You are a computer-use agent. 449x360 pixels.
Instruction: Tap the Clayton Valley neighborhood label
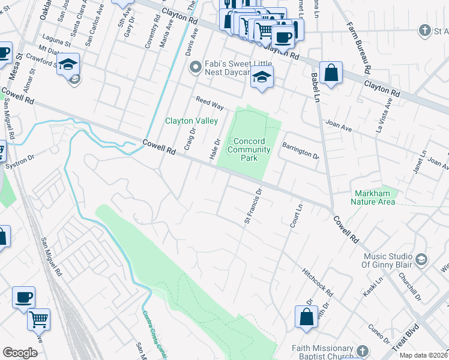coord(191,121)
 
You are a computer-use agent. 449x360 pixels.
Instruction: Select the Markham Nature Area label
coord(373,197)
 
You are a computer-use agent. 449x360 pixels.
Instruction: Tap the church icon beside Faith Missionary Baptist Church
coord(362,350)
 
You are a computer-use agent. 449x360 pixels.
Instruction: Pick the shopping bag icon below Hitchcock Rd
coord(306,317)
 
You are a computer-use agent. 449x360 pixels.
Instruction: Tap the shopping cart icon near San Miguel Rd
coord(38,320)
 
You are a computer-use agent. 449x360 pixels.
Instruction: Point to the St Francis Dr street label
coord(253,207)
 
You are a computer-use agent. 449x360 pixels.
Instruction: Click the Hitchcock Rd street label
coord(318,282)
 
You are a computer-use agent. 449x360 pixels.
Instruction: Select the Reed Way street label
coord(209,103)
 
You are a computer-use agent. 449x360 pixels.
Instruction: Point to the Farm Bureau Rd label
coord(358,47)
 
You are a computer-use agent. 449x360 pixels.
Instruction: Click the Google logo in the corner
coord(20,353)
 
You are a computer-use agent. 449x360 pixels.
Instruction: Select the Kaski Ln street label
coord(372,287)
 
